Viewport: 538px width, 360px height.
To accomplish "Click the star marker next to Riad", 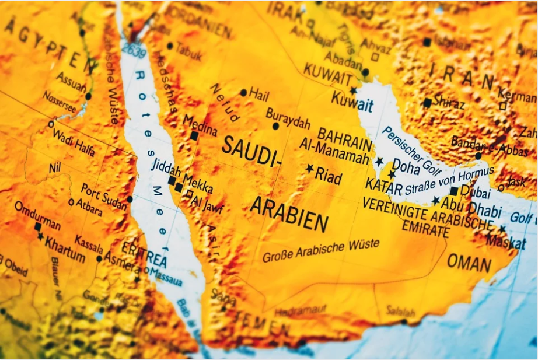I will point(309,169).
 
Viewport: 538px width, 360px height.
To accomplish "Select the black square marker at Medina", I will point(194,136).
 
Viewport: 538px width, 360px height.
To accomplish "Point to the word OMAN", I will point(469,263).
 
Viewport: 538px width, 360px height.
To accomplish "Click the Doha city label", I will point(406,167).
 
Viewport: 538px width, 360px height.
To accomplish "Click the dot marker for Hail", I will point(243,93).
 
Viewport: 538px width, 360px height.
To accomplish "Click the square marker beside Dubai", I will point(454,191).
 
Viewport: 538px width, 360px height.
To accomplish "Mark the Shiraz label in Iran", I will point(449,102).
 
